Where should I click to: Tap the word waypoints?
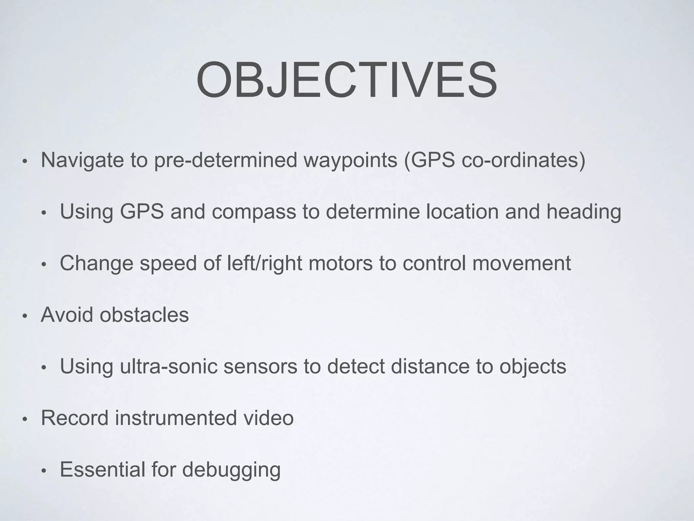point(350,160)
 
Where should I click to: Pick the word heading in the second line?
point(584,212)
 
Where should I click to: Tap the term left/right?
point(264,264)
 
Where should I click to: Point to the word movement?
point(521,264)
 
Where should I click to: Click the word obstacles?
point(144,315)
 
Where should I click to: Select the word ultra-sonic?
point(168,366)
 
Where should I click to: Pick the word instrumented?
point(176,418)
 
